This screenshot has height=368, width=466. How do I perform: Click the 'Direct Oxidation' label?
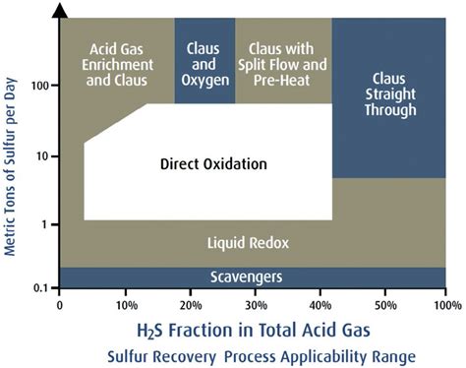[212, 163]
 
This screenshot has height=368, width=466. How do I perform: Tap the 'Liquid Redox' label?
[247, 242]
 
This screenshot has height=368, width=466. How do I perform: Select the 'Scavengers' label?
[247, 278]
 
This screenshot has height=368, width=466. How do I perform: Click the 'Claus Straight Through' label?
[388, 94]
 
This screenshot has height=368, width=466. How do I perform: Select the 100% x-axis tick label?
[444, 305]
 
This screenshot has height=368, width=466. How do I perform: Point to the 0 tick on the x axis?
[61, 305]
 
